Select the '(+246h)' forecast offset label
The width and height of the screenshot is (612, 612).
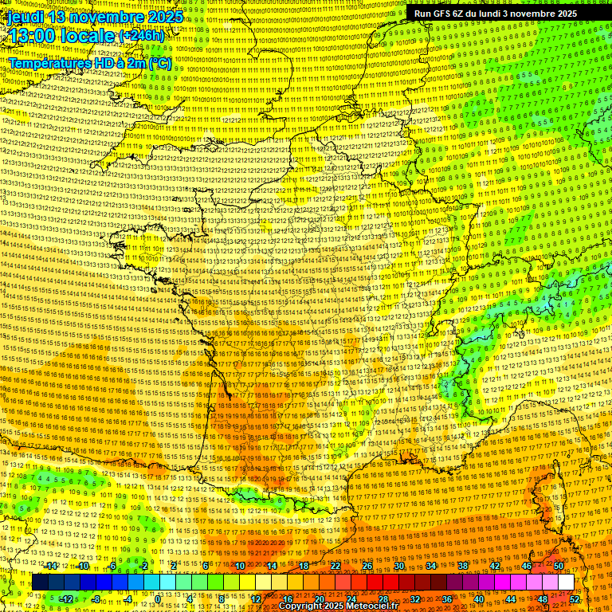[142, 37]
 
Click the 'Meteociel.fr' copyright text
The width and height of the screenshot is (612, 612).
[371, 606]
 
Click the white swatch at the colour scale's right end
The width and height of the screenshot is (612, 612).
[566, 583]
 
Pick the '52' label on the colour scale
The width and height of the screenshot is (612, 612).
[575, 598]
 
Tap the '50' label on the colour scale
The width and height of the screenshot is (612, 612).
[559, 566]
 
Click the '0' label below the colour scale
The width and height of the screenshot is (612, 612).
[159, 598]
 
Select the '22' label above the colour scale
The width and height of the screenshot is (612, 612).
[335, 566]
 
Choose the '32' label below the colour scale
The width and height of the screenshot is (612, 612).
[415, 598]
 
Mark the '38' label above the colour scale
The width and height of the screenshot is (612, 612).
[463, 566]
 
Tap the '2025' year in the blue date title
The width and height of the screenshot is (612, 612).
[165, 17]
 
